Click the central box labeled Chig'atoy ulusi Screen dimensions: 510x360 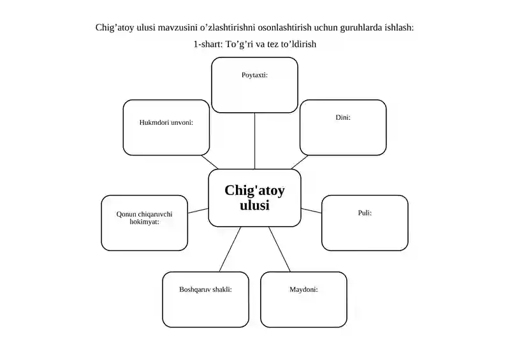[254, 198]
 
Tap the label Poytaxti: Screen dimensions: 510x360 [254, 75]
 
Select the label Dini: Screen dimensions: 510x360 [343, 117]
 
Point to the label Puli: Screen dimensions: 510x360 [365, 213]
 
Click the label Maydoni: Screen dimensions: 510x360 [303, 289]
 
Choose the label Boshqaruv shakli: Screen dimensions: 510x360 [205, 289]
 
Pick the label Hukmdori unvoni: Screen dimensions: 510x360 [166, 122]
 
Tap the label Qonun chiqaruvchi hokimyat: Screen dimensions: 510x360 [145, 218]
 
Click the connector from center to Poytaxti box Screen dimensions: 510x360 [254, 141]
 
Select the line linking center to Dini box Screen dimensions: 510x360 [300, 162]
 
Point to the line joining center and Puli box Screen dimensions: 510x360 [311, 211]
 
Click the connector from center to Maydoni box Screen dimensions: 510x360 [279, 249]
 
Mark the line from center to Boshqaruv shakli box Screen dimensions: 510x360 [230, 249]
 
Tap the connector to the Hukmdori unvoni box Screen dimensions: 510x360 [210, 162]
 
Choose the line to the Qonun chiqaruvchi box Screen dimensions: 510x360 [198, 211]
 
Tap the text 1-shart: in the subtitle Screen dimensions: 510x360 [208, 44]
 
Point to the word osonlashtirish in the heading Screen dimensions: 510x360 [284, 27]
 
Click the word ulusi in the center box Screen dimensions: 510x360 [254, 205]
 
